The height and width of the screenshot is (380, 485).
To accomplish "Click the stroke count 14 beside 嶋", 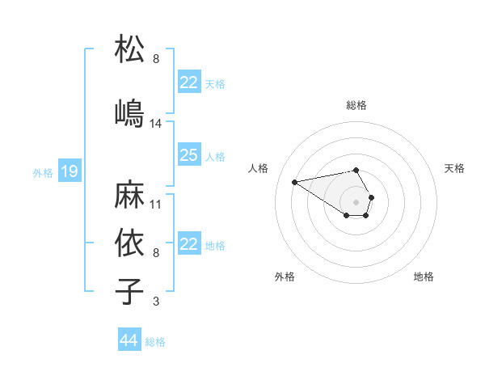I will (x=156, y=124).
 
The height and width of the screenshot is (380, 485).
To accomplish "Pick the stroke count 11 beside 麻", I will (x=156, y=205).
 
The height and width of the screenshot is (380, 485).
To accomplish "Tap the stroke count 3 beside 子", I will (x=156, y=302).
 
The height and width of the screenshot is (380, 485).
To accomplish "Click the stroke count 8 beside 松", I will (x=156, y=59).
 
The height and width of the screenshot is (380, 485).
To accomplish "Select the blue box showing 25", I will (x=188, y=155).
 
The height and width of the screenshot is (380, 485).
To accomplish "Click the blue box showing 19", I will (x=69, y=171).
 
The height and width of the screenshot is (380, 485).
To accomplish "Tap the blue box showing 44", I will (x=129, y=340).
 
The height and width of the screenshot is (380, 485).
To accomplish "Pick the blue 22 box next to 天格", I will (x=188, y=82).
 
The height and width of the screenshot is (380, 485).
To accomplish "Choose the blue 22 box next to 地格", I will (x=188, y=244).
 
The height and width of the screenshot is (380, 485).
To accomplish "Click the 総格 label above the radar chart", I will (x=356, y=105).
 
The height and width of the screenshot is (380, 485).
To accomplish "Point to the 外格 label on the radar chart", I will (x=285, y=277).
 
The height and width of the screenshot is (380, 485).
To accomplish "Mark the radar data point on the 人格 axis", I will (x=295, y=181).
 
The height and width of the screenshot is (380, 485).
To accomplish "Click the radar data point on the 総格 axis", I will (x=356, y=170).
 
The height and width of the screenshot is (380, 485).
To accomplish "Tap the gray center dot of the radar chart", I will (x=356, y=201).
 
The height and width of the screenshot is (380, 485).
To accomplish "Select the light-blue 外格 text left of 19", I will (x=43, y=172).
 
